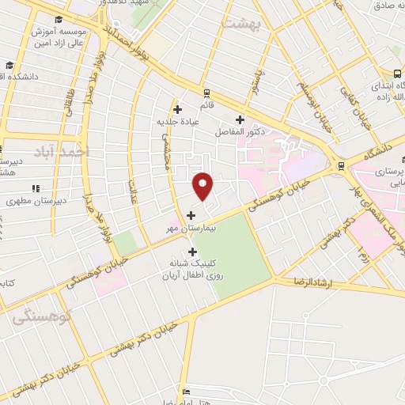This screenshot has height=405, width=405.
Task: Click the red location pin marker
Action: tap(203, 186)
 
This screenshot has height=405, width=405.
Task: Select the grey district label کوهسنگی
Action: tap(43, 316)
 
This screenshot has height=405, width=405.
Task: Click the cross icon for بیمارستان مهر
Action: tap(190, 214)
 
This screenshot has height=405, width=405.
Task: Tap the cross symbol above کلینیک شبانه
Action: tap(192, 252)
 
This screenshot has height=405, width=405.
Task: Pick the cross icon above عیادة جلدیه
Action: tap(178, 109)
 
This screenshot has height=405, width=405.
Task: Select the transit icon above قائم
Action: tap(206, 92)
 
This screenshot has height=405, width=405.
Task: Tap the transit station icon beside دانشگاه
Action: tap(341, 165)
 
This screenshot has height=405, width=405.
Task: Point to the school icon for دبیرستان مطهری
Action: tap(36, 188)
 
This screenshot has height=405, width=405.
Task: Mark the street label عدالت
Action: tap(134, 189)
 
